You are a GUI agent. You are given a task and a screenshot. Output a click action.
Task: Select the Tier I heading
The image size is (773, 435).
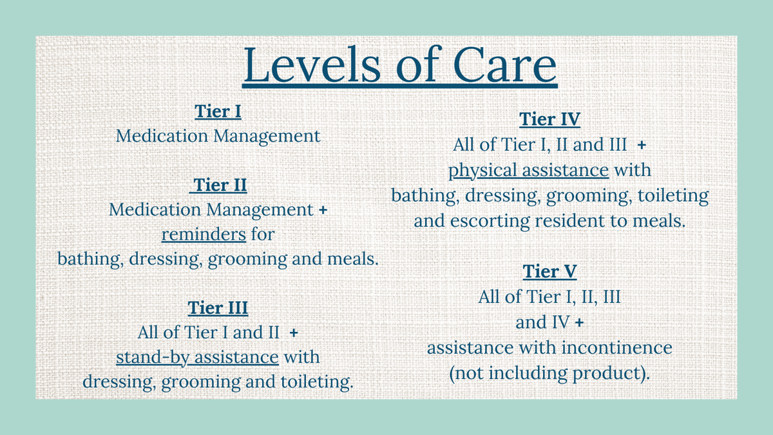(x=218, y=111)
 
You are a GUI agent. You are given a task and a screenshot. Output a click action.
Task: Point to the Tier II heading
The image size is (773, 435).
(x=220, y=186)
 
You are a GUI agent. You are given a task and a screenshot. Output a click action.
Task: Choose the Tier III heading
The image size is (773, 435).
(x=218, y=307)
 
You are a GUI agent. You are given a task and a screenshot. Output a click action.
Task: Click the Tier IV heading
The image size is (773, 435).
(x=549, y=120)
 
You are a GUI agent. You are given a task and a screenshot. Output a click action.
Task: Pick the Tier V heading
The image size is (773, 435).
(x=549, y=272)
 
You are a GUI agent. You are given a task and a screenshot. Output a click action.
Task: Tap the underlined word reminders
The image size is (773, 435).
(x=204, y=234)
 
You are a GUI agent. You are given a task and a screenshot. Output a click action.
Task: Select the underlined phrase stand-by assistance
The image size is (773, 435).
(x=197, y=357)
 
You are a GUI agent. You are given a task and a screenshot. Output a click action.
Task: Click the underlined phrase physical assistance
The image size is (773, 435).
(x=528, y=171)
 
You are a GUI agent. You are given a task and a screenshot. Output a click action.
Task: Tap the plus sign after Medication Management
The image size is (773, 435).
(x=323, y=210)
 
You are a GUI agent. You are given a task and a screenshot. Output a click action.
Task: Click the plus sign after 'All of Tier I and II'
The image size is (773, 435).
(x=294, y=333)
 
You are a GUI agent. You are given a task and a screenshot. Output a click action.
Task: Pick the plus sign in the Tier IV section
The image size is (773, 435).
(x=641, y=146)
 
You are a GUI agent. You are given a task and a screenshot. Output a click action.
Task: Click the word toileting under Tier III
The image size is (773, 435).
(x=316, y=382)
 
